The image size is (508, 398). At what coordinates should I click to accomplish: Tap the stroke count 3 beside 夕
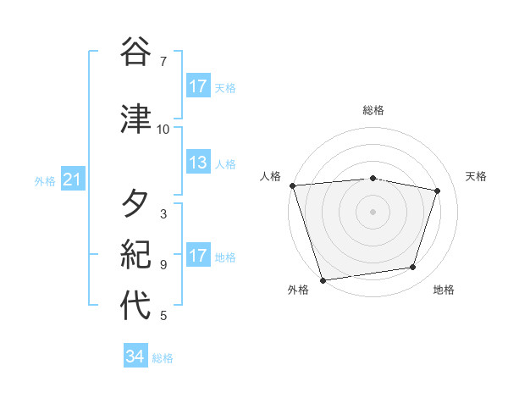click(x=163, y=214)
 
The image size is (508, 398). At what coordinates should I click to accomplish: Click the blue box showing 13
click(x=198, y=163)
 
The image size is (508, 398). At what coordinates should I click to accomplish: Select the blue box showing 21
click(x=71, y=180)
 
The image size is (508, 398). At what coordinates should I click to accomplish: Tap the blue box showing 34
click(x=135, y=357)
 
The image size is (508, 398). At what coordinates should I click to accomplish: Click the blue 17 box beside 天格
click(x=198, y=86)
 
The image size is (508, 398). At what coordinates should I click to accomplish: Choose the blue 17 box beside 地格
click(x=198, y=256)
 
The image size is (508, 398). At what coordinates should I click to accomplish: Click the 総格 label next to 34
click(x=163, y=358)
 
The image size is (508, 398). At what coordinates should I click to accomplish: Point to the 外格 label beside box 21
click(x=45, y=180)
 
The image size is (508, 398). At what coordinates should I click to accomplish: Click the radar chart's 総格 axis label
click(x=373, y=110)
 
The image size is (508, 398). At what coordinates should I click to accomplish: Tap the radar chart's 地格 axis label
click(x=444, y=290)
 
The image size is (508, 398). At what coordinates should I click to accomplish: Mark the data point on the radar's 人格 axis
click(x=292, y=185)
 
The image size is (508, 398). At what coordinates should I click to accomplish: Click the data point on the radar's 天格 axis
click(x=437, y=191)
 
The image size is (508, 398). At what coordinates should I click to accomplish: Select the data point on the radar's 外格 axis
click(x=323, y=279)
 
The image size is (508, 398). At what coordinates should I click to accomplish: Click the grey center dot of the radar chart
click(x=373, y=211)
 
